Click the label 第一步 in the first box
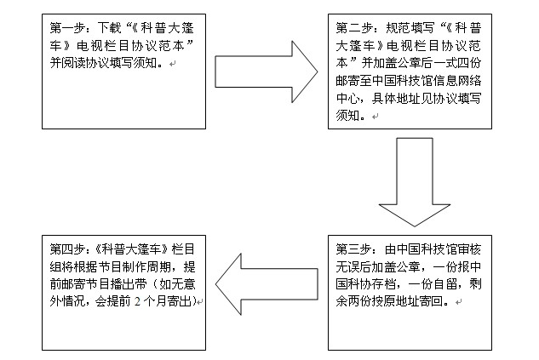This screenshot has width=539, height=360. point(67,28)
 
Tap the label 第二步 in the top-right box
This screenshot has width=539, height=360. point(353,28)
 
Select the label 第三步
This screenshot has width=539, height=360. point(353,249)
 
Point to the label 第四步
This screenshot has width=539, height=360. point(67,249)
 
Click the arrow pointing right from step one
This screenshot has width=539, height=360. point(267,71)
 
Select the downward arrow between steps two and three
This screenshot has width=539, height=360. point(415,182)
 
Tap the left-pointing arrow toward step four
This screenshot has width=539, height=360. point(267,284)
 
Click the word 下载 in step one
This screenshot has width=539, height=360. point(109,28)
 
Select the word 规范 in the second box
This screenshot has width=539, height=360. point(398,28)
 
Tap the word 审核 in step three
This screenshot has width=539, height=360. point(469,249)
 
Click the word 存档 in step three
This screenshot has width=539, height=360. point(386,284)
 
